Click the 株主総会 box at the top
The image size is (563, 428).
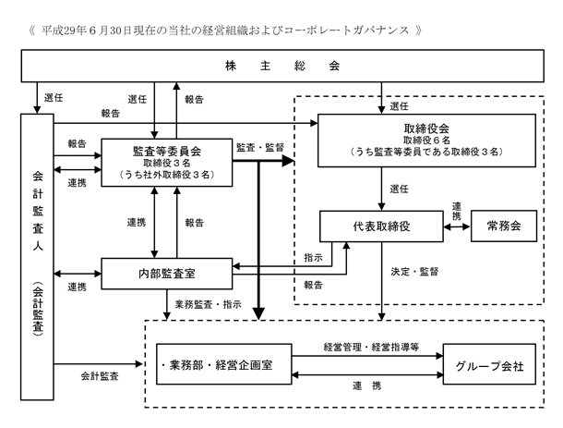[x=282, y=66]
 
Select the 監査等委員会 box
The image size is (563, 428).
[x=167, y=162]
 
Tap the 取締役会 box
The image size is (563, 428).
[x=426, y=141]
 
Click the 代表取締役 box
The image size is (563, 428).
[x=381, y=226]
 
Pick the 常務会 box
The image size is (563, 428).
[x=504, y=226]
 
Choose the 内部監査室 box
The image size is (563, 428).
[x=167, y=274]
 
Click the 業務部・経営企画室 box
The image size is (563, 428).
[x=223, y=364]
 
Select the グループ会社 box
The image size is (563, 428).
[x=489, y=364]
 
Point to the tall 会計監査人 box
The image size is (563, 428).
[x=37, y=257]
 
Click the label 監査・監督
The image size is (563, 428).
[x=260, y=147]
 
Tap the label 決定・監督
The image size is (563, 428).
[x=414, y=272]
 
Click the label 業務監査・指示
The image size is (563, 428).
[x=209, y=304]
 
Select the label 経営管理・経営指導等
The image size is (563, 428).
[x=371, y=347]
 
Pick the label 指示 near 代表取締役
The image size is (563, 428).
[x=314, y=258]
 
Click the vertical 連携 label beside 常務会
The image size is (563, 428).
[x=456, y=211]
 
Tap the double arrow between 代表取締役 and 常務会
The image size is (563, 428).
[x=457, y=226]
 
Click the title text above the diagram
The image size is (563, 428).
[x=225, y=31]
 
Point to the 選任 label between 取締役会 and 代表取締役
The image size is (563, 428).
[x=399, y=189]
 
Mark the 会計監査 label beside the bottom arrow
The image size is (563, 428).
[x=100, y=376]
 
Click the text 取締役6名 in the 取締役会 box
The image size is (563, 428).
[x=426, y=140]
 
